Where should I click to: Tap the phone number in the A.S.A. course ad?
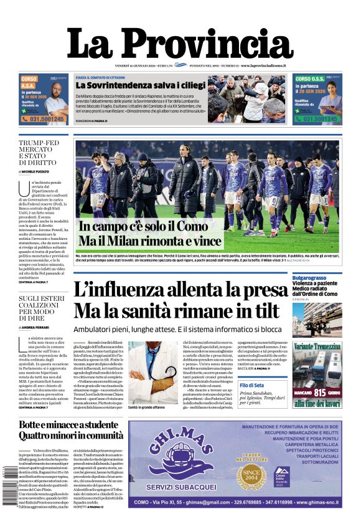tap(43, 118)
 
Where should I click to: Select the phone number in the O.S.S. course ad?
tap(317, 118)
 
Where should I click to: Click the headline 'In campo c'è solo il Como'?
tap(144, 227)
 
